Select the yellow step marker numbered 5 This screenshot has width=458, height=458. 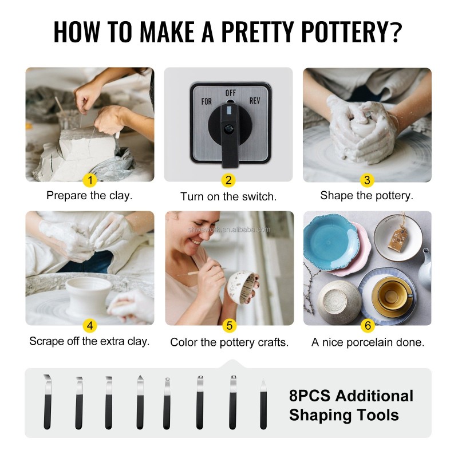click(229, 326)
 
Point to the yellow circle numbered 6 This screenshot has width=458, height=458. click(368, 326)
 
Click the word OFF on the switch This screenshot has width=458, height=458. click(231, 92)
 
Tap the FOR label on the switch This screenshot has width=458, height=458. click(206, 101)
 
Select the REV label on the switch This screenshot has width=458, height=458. click(255, 101)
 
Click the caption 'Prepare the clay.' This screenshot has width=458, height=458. click(89, 195)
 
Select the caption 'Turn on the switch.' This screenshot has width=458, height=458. click(228, 196)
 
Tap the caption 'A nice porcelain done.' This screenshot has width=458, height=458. click(368, 342)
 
